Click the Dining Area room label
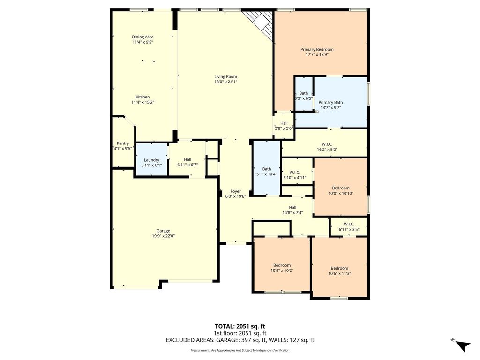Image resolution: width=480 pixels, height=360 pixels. (142, 37)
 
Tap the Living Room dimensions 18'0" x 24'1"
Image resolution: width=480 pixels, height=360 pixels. (226, 82)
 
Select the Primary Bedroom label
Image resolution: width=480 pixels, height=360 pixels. (317, 49)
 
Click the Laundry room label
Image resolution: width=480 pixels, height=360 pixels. (151, 160)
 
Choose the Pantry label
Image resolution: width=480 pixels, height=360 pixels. (123, 143)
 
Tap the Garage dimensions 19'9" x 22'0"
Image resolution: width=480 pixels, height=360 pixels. (164, 236)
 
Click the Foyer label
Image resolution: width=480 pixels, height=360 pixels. (236, 191)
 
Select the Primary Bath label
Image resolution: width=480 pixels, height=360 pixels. (330, 102)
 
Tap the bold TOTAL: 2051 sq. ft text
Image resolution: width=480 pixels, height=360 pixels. (240, 326)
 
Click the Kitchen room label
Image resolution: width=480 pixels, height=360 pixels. (142, 97)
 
